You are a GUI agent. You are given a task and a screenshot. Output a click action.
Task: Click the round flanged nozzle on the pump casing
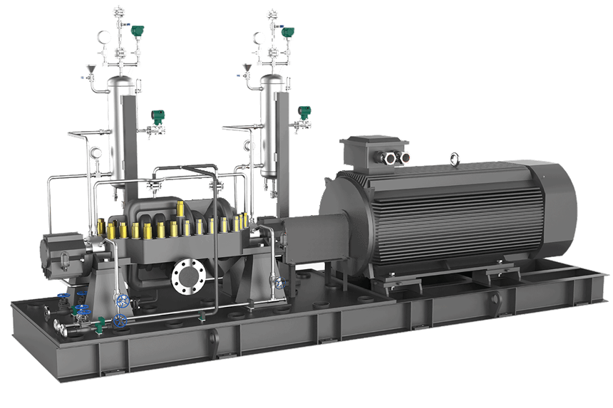[x=188, y=273]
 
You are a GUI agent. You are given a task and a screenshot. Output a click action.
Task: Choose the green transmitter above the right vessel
[x=288, y=32]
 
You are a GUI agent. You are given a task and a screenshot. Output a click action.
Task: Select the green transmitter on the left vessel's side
[x=155, y=117]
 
